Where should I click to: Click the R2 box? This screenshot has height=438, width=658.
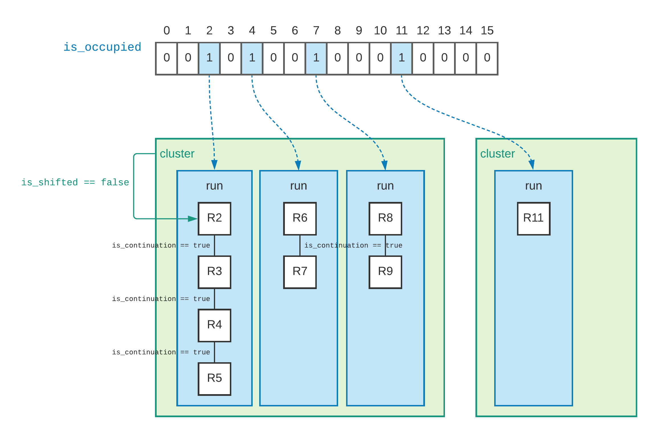(214, 218)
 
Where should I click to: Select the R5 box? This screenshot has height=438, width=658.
(214, 378)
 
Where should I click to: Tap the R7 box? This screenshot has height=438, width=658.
(300, 272)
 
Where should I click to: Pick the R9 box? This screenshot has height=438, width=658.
(385, 272)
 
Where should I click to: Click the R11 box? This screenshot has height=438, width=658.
(533, 218)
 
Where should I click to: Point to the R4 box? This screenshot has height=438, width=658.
(214, 325)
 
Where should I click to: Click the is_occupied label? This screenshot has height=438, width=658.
(102, 47)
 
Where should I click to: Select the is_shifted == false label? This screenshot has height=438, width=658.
(75, 182)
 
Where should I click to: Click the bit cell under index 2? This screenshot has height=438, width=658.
(209, 58)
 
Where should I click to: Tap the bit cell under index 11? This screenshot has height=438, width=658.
(401, 58)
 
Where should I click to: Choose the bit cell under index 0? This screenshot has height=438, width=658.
(166, 58)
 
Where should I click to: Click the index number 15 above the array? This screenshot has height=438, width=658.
(487, 30)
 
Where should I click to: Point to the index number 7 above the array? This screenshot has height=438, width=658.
(316, 30)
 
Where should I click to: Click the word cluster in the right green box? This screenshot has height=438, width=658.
(497, 154)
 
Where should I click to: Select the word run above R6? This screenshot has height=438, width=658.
(298, 186)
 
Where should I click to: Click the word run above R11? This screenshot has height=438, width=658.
(533, 186)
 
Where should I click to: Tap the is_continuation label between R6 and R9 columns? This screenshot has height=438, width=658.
(353, 245)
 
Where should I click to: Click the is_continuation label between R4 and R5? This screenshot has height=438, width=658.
(161, 352)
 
